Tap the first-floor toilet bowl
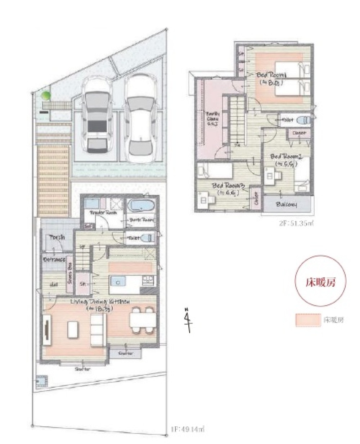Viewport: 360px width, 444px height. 148,237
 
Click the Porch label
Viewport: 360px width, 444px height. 57,237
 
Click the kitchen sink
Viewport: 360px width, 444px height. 116,280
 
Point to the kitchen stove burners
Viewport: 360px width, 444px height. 148,280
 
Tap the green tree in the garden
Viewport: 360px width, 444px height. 45,96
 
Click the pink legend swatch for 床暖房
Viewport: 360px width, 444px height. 307,320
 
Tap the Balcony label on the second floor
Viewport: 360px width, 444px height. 287,204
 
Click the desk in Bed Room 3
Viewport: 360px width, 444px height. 203,200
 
